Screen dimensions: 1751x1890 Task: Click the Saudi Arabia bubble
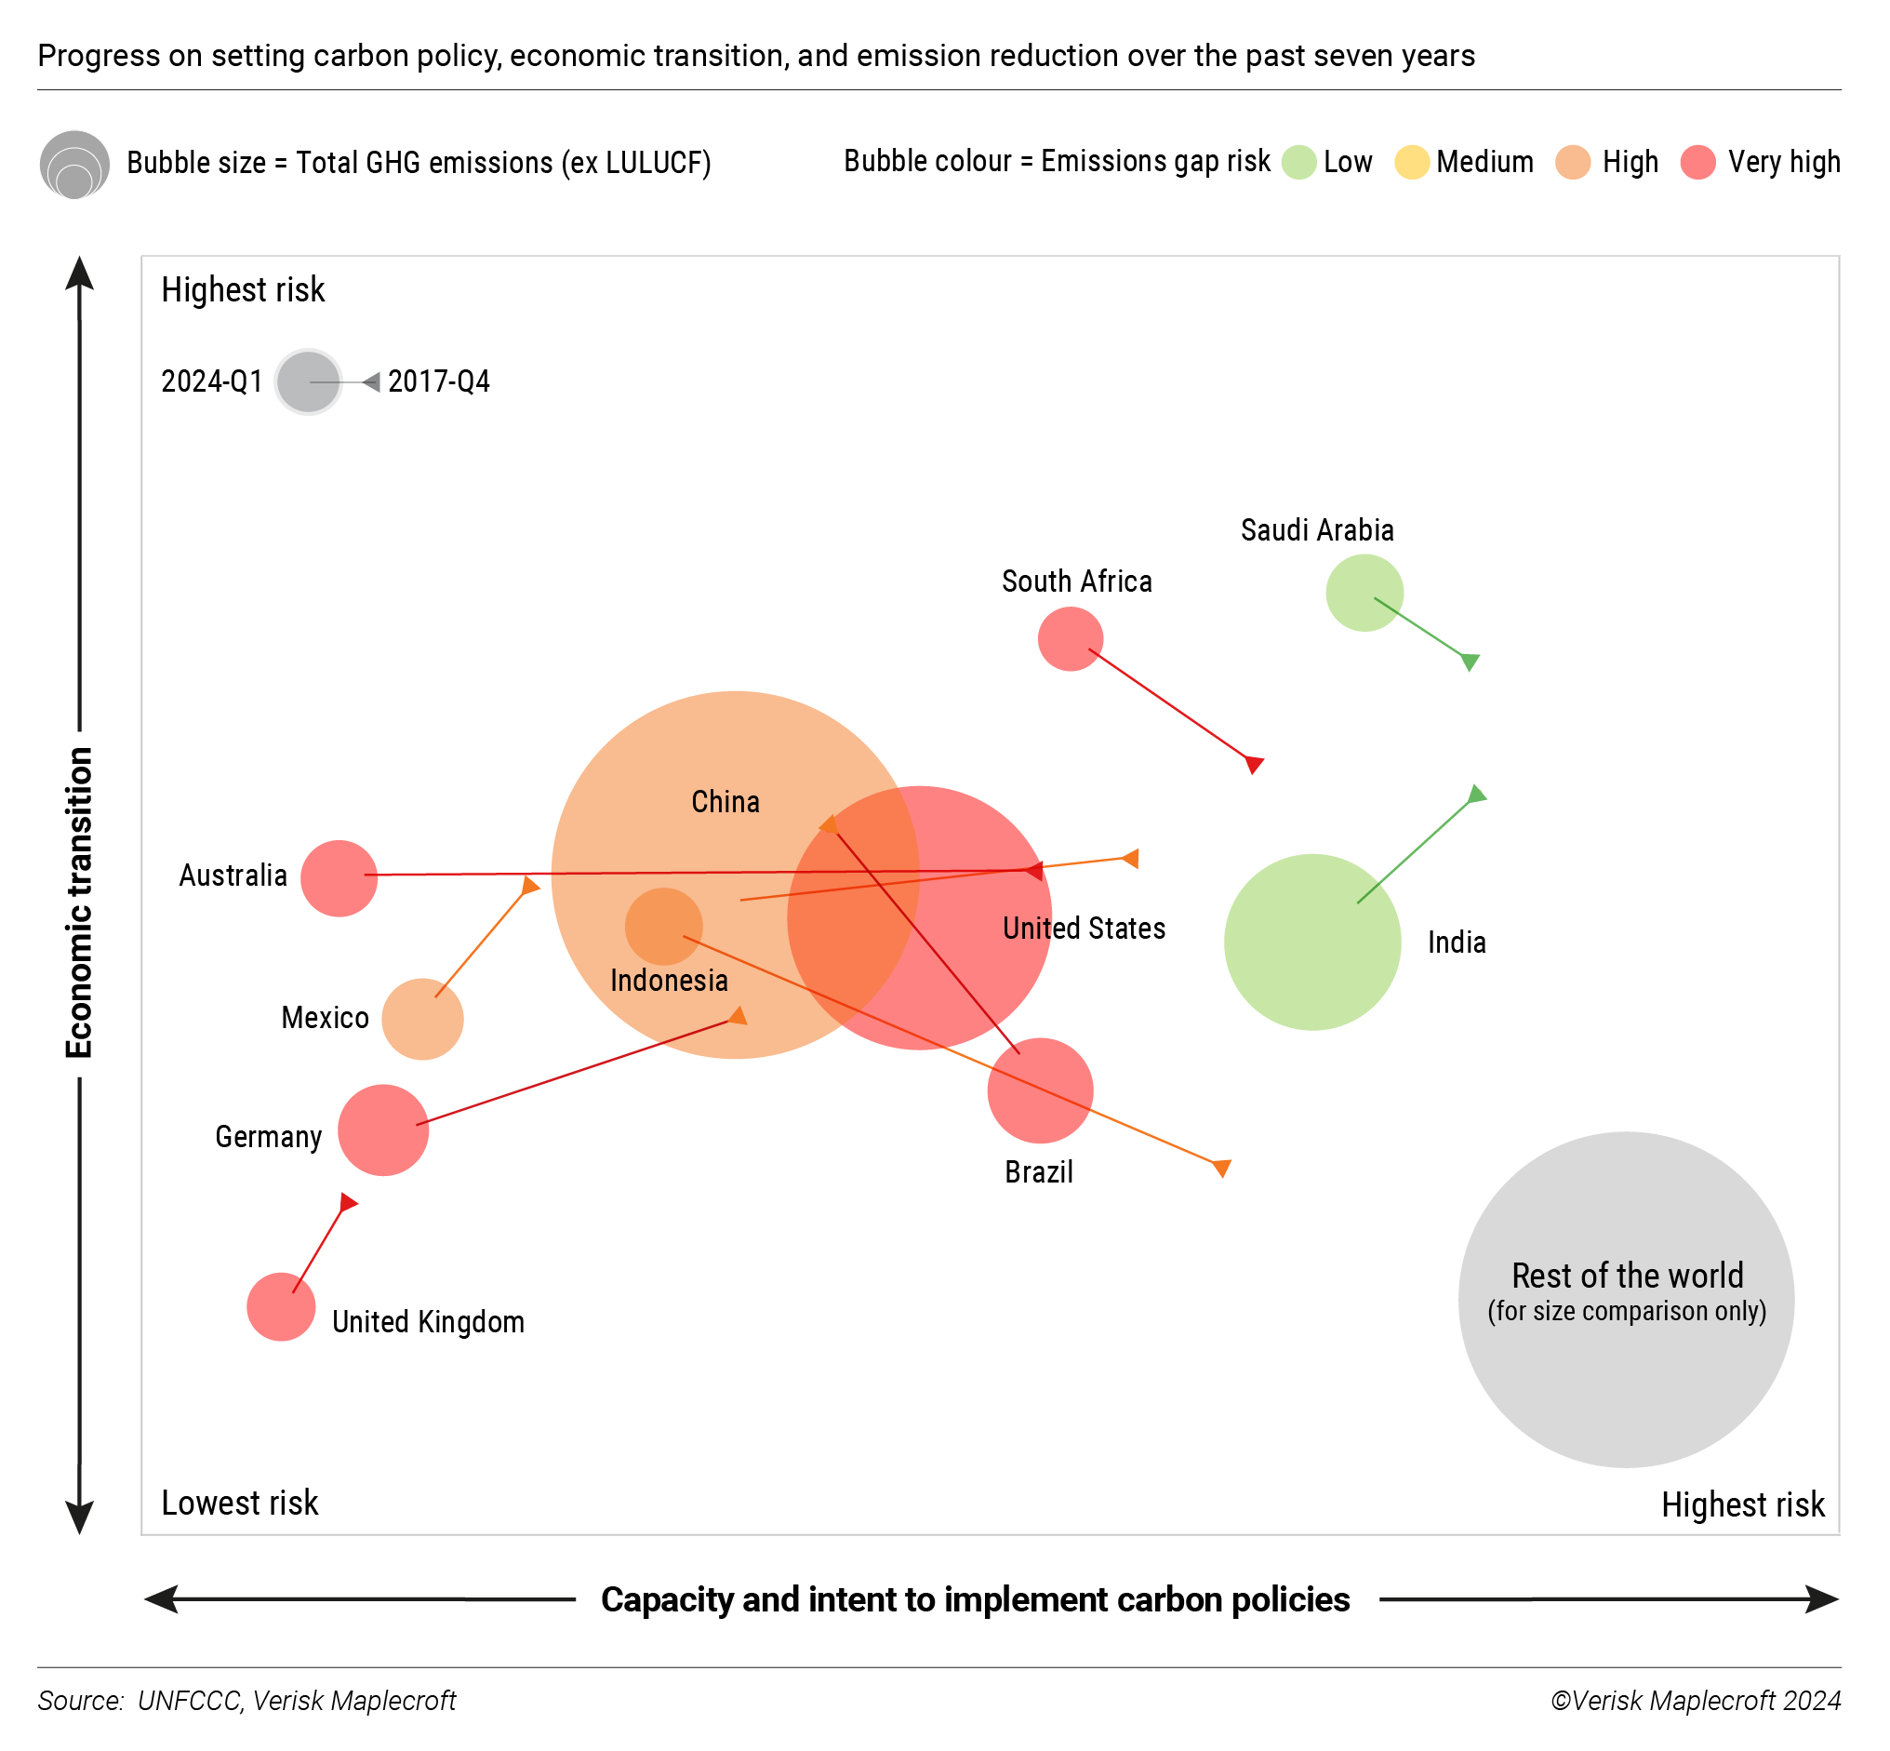click(1364, 594)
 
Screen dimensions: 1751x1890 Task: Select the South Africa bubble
click(1070, 639)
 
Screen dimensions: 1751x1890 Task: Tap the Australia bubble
click(339, 878)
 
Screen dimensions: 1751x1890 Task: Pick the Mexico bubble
click(422, 1019)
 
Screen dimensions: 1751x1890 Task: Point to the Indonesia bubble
click(663, 926)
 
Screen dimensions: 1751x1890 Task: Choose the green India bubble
click(1312, 942)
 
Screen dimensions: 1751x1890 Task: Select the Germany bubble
click(382, 1130)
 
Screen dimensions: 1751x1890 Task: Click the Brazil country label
click(1038, 1172)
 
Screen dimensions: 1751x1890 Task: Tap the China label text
click(725, 802)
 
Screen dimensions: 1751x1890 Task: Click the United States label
click(1084, 928)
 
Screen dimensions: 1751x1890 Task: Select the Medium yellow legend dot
click(1411, 162)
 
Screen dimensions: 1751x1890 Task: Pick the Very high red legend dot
click(1697, 162)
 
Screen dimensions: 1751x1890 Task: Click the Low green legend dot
click(1298, 162)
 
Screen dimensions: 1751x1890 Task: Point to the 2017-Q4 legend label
click(439, 381)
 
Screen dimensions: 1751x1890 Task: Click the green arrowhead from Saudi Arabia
click(1470, 662)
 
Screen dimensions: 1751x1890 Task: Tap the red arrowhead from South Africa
click(1255, 764)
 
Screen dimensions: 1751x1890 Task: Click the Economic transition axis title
click(79, 902)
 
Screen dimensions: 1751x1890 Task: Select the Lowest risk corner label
click(240, 1503)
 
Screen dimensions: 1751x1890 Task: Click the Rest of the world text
click(1627, 1276)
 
